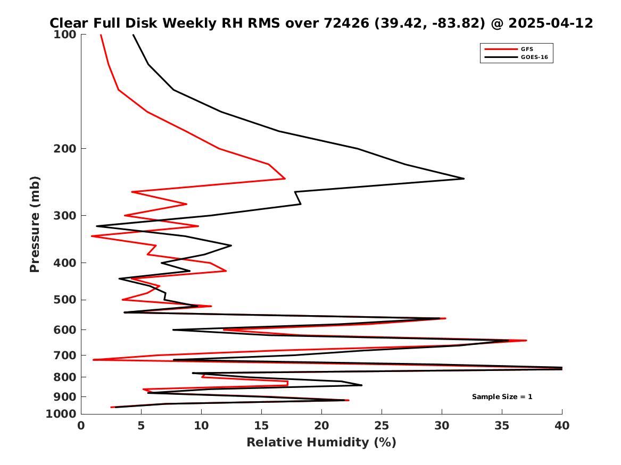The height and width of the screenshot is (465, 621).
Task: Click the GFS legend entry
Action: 527,49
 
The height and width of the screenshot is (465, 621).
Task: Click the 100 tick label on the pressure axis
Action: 67,35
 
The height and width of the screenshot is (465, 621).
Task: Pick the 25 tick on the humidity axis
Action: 382,426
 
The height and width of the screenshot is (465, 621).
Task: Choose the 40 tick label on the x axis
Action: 562,426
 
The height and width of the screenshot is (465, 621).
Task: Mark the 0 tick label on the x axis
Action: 81,426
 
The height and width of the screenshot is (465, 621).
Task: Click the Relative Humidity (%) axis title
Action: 321,443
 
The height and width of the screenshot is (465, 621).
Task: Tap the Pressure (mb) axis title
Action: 35,224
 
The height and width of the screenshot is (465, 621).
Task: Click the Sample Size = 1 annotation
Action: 502,397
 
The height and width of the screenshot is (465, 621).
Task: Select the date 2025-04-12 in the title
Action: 551,23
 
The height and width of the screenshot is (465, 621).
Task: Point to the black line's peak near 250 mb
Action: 464,179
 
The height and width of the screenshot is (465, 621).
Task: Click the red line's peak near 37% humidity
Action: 526,340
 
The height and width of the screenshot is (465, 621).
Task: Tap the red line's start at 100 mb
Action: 101,35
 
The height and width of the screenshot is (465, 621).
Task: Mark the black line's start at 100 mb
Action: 133,35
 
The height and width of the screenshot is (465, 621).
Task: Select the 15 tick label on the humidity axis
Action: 261,426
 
